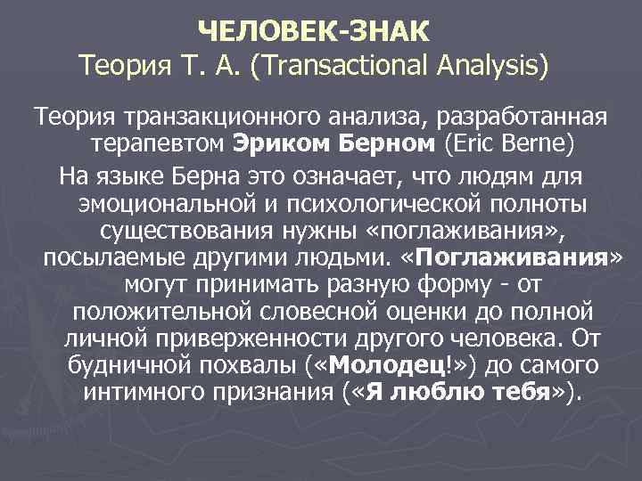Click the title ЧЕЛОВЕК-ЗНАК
(314, 32)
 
